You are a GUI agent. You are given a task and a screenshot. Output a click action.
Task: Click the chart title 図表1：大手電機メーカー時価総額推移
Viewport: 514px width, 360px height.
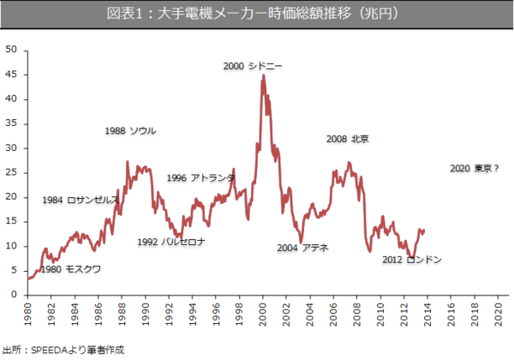[257, 15]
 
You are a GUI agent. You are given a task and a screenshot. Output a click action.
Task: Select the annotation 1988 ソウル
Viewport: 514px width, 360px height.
[130, 131]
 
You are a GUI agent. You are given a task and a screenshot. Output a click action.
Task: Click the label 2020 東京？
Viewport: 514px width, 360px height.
[474, 169]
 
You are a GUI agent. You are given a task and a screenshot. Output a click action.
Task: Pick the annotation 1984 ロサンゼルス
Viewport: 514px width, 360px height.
[81, 201]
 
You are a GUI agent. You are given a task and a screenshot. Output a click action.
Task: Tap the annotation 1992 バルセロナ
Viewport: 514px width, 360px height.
[171, 242]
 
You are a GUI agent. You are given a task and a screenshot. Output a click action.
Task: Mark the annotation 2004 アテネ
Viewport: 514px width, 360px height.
[303, 249]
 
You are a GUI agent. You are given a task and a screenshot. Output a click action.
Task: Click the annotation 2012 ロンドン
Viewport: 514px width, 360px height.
[412, 260]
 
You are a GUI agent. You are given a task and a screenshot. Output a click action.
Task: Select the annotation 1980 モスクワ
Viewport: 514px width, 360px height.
[70, 269]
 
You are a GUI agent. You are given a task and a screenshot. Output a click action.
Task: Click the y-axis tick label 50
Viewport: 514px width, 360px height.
[11, 50]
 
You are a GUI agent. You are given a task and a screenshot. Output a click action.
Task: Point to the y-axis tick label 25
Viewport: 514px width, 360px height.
[11, 172]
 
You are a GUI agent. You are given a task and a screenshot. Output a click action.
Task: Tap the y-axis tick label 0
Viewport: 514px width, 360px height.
[14, 295]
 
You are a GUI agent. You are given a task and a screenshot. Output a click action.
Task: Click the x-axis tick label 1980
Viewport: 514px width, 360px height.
[29, 315]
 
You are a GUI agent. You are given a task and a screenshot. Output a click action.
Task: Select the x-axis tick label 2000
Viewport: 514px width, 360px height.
[262, 315]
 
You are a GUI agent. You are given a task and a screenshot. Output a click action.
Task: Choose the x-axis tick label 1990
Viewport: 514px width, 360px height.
[146, 315]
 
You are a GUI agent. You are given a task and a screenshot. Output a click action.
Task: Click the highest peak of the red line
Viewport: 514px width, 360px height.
[263, 75]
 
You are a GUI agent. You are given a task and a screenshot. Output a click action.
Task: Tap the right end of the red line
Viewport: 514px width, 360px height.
[424, 230]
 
